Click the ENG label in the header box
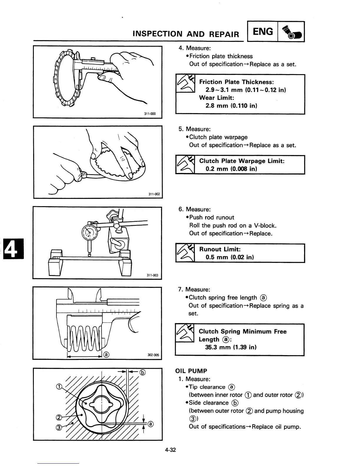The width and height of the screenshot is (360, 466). (x=263, y=31)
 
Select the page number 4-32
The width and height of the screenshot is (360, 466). (x=170, y=450)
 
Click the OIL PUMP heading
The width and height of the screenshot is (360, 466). (x=191, y=371)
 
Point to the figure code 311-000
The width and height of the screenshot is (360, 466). (x=150, y=114)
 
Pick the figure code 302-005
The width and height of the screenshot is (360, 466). (x=153, y=355)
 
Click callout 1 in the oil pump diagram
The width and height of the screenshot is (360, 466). (x=59, y=387)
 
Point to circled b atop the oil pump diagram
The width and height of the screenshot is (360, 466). (x=142, y=372)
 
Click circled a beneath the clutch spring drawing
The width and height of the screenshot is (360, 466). (x=106, y=354)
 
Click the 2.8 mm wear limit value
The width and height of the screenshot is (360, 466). (x=216, y=105)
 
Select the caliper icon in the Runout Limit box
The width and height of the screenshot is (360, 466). (x=185, y=253)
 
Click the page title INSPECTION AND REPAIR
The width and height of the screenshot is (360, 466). (x=186, y=34)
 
